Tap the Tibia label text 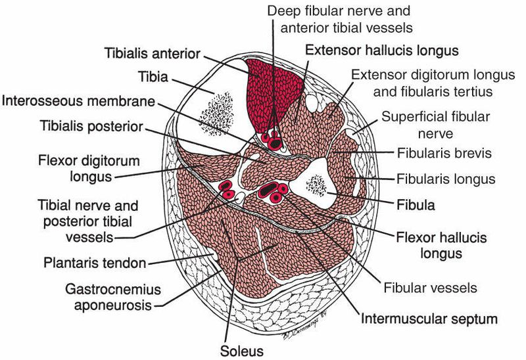(x=153, y=78)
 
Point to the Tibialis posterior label (x=93, y=125)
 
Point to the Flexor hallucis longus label (x=434, y=244)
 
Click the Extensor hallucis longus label (x=391, y=49)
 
